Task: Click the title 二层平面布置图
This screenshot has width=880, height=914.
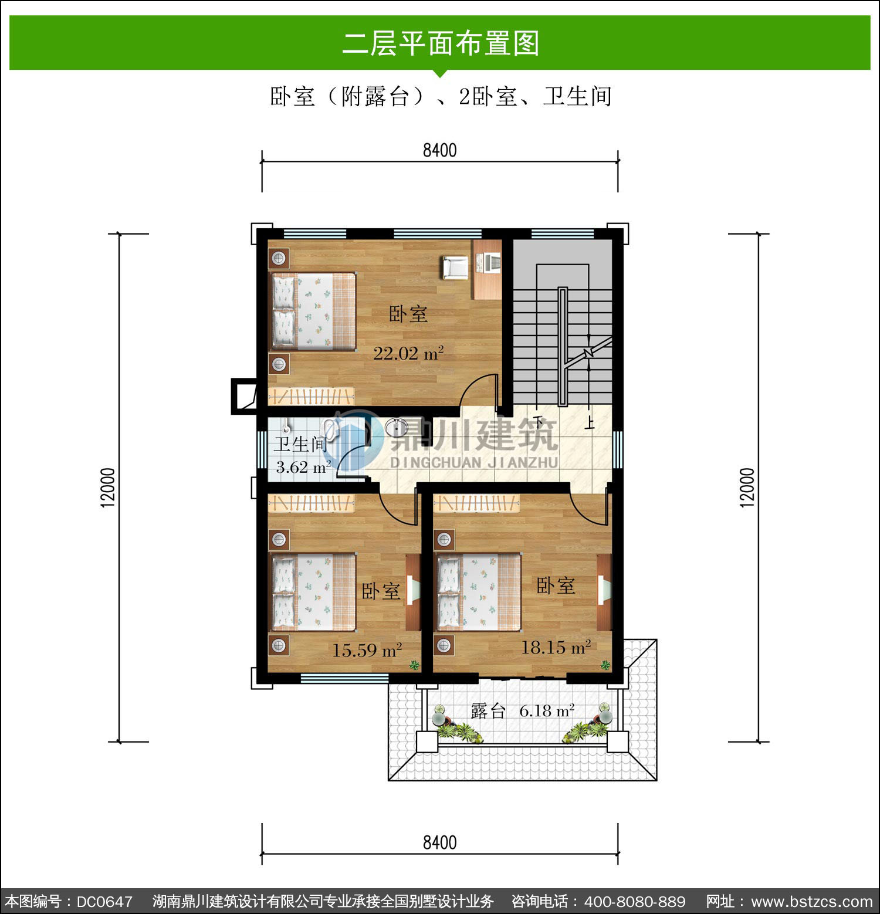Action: (441, 43)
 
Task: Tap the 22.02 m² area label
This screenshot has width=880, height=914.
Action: (408, 353)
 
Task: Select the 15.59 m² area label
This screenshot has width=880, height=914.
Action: (367, 650)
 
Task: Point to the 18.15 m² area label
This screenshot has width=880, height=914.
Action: (556, 647)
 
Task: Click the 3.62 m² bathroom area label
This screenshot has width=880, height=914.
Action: (303, 467)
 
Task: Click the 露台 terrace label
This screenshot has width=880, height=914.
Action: (488, 711)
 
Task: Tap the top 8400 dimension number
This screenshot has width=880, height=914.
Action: (440, 150)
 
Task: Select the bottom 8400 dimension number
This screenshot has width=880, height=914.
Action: (440, 842)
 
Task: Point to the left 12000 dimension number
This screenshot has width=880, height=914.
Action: (109, 488)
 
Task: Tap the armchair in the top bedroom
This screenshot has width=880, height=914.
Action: (455, 267)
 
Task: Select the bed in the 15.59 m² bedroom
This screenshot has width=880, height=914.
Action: (313, 592)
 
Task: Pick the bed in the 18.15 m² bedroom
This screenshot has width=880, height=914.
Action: (478, 592)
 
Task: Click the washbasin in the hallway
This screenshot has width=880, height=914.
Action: (397, 428)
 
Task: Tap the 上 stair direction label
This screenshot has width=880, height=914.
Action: (590, 423)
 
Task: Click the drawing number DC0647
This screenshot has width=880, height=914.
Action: (104, 901)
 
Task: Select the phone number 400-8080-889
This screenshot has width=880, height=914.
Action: (635, 901)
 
